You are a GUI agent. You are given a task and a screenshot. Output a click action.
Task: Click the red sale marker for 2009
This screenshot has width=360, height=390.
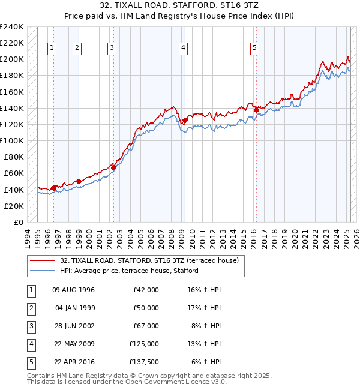pyautogui.click(x=185, y=120)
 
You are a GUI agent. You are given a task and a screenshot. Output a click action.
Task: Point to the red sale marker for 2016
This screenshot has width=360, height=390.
pyautogui.click(x=256, y=110)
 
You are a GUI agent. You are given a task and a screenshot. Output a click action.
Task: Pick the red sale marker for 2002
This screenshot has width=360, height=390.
pyautogui.click(x=113, y=167)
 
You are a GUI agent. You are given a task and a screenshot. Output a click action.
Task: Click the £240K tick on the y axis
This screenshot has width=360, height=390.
pyautogui.click(x=11, y=27)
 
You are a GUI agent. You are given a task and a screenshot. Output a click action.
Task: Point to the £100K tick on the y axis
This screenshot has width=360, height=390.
pyautogui.click(x=11, y=140)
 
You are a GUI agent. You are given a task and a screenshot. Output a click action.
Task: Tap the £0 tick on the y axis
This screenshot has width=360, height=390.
pyautogui.click(x=19, y=222)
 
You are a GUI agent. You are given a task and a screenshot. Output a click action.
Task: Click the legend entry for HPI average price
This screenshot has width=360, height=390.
pyautogui.click(x=129, y=271)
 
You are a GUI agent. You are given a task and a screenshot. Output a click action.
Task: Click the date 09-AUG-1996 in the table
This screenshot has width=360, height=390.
pyautogui.click(x=74, y=290)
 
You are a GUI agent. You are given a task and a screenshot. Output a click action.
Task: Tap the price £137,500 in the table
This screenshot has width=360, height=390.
pyautogui.click(x=144, y=362)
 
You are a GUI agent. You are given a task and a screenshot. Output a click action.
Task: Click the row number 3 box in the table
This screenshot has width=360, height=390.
pyautogui.click(x=31, y=326)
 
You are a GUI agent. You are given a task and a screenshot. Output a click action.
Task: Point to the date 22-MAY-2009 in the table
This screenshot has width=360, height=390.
pyautogui.click(x=74, y=344)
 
